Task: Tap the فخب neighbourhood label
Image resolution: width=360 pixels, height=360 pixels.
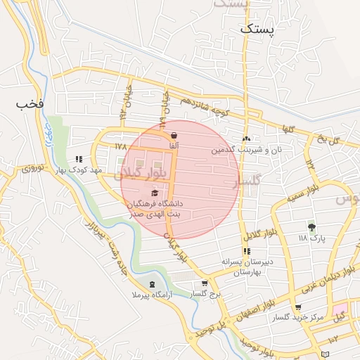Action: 31,103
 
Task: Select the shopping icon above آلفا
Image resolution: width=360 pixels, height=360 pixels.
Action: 174,135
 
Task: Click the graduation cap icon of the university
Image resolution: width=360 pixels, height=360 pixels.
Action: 155,193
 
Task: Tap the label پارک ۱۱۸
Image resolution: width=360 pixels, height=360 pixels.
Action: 312,238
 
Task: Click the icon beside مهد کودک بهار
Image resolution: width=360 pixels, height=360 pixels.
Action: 79,160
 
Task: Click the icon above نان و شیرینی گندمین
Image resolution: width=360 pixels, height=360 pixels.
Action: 246,139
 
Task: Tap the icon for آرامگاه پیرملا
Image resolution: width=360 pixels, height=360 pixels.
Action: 152,284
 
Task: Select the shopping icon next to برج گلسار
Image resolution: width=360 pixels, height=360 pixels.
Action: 204,283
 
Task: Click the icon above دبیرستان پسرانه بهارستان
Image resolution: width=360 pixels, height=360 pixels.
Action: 246,251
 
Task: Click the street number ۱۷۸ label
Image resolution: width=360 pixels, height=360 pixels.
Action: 120,146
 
